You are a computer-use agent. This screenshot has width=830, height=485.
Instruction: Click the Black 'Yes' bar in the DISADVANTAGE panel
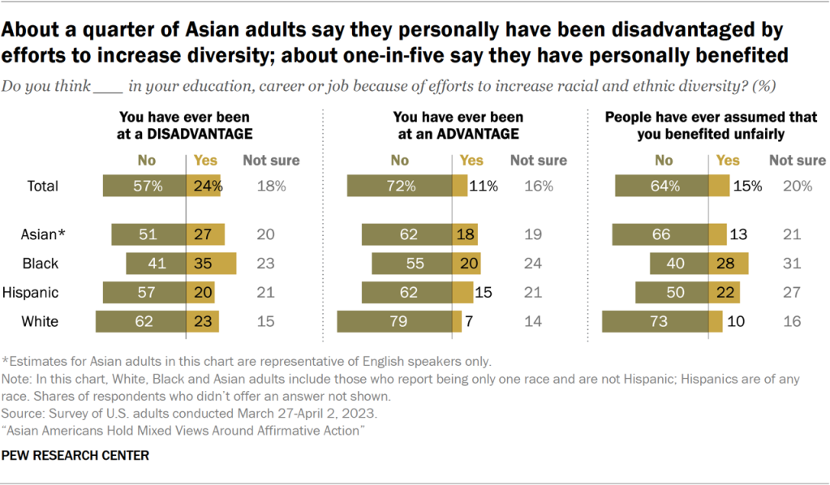(211, 264)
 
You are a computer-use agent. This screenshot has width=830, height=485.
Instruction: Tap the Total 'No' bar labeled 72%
(399, 186)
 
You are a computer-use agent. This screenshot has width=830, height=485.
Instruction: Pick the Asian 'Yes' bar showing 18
(463, 235)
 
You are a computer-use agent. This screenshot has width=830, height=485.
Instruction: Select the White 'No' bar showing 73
(659, 321)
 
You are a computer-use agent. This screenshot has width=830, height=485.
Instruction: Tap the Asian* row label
(41, 235)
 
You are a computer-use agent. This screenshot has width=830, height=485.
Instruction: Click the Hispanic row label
(31, 292)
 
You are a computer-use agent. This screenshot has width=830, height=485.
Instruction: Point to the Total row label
(42, 186)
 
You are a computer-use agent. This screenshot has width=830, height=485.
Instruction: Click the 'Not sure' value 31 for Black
(792, 264)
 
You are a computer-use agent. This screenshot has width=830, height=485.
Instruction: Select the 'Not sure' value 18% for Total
(271, 186)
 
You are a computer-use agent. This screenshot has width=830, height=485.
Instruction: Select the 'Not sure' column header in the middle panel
(538, 161)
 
